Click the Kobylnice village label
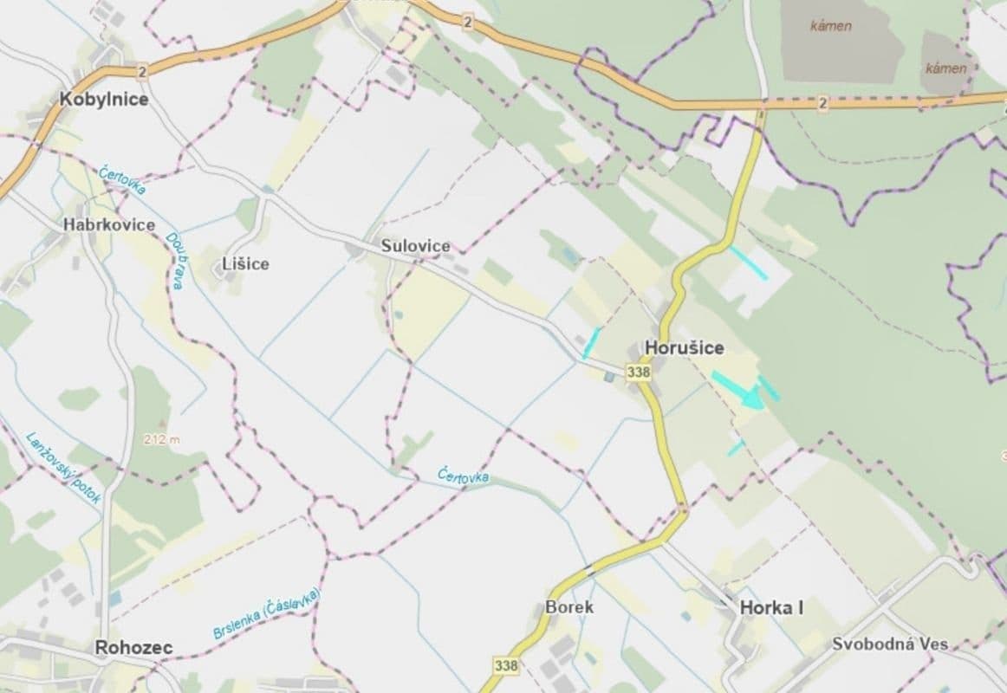click(104, 99)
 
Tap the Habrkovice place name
click(109, 224)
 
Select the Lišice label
click(244, 263)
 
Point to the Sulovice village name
click(416, 246)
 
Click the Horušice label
click(685, 347)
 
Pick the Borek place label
click(569, 606)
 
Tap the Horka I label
click(771, 608)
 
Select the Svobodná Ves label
click(889, 644)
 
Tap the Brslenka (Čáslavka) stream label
click(267, 614)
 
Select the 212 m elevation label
click(162, 439)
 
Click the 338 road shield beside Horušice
click(638, 372)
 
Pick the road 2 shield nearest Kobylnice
click(141, 71)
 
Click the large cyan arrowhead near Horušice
click(750, 398)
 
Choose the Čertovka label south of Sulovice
click(464, 476)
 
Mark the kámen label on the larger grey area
click(830, 26)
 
